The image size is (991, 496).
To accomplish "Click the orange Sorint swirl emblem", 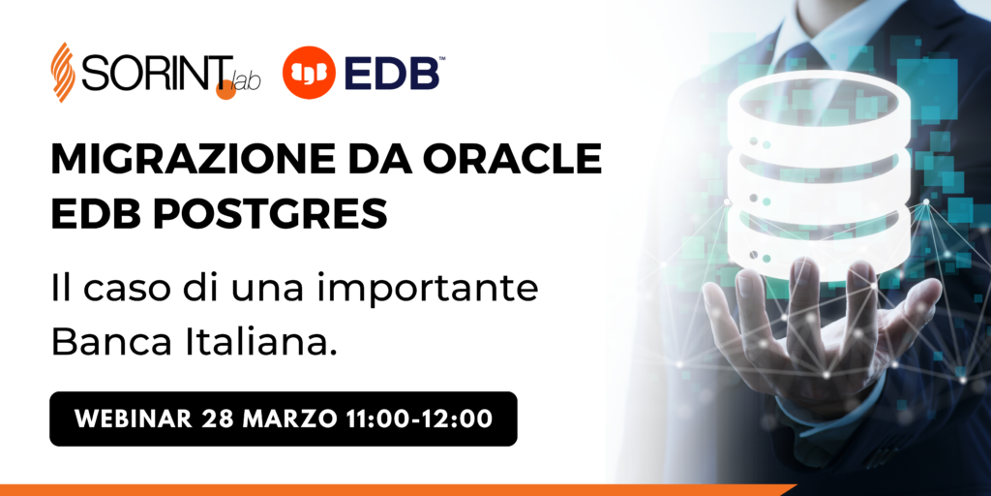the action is coord(63,72).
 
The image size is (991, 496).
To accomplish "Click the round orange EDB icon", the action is coord(309,72).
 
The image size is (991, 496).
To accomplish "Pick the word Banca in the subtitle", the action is coord(110,341).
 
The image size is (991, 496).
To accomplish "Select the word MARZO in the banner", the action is coord(288,418).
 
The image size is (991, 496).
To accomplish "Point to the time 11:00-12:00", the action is coord(420,418).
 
